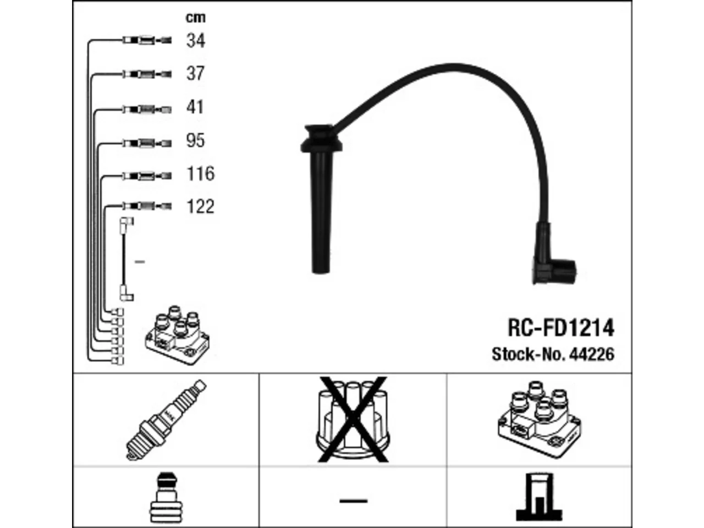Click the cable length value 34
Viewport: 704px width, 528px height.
coord(196,41)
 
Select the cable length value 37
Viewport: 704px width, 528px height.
coord(195,73)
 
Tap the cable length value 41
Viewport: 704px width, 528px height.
coord(195,107)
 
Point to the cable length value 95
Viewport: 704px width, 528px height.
coord(195,140)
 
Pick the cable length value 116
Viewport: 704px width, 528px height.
coord(200,173)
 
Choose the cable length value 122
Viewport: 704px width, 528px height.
coord(200,206)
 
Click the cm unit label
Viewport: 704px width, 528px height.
coord(196,18)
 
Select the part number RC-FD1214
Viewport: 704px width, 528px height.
coord(561,328)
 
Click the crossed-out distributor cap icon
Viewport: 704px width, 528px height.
coord(353,420)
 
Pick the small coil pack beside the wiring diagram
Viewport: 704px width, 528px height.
coord(177,335)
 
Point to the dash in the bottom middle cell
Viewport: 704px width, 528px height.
coord(353,501)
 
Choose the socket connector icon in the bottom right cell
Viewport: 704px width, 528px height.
coord(539,498)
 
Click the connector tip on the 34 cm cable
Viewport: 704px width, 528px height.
coord(166,41)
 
